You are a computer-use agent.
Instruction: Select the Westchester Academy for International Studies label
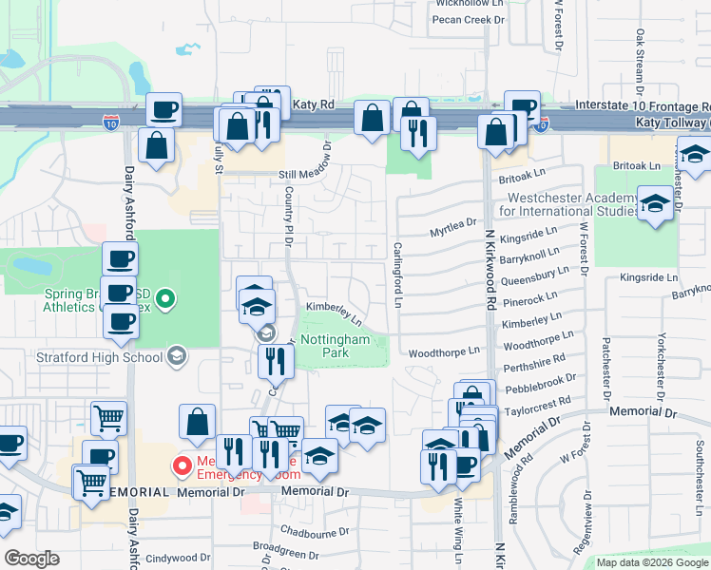click(x=567, y=203)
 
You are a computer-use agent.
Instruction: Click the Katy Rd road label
click(x=315, y=103)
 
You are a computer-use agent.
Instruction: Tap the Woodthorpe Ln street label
click(x=444, y=351)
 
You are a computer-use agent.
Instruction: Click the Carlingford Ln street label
click(x=399, y=276)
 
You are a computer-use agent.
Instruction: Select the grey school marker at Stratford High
click(x=176, y=356)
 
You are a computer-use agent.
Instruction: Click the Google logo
click(x=31, y=559)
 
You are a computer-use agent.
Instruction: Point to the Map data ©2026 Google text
click(x=652, y=562)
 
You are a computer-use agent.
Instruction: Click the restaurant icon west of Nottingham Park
click(x=275, y=360)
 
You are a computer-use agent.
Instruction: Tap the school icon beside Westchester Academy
click(x=654, y=203)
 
